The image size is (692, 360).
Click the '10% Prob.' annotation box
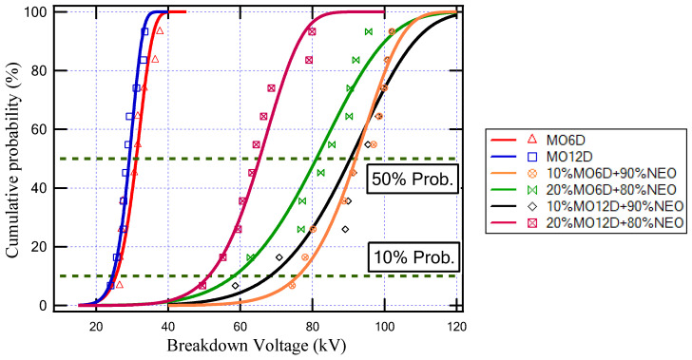(416, 256)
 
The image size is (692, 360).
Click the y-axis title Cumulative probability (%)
(13, 158)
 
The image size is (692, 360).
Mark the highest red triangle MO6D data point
(160, 31)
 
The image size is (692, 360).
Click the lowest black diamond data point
(236, 285)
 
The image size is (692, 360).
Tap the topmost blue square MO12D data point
(145, 31)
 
